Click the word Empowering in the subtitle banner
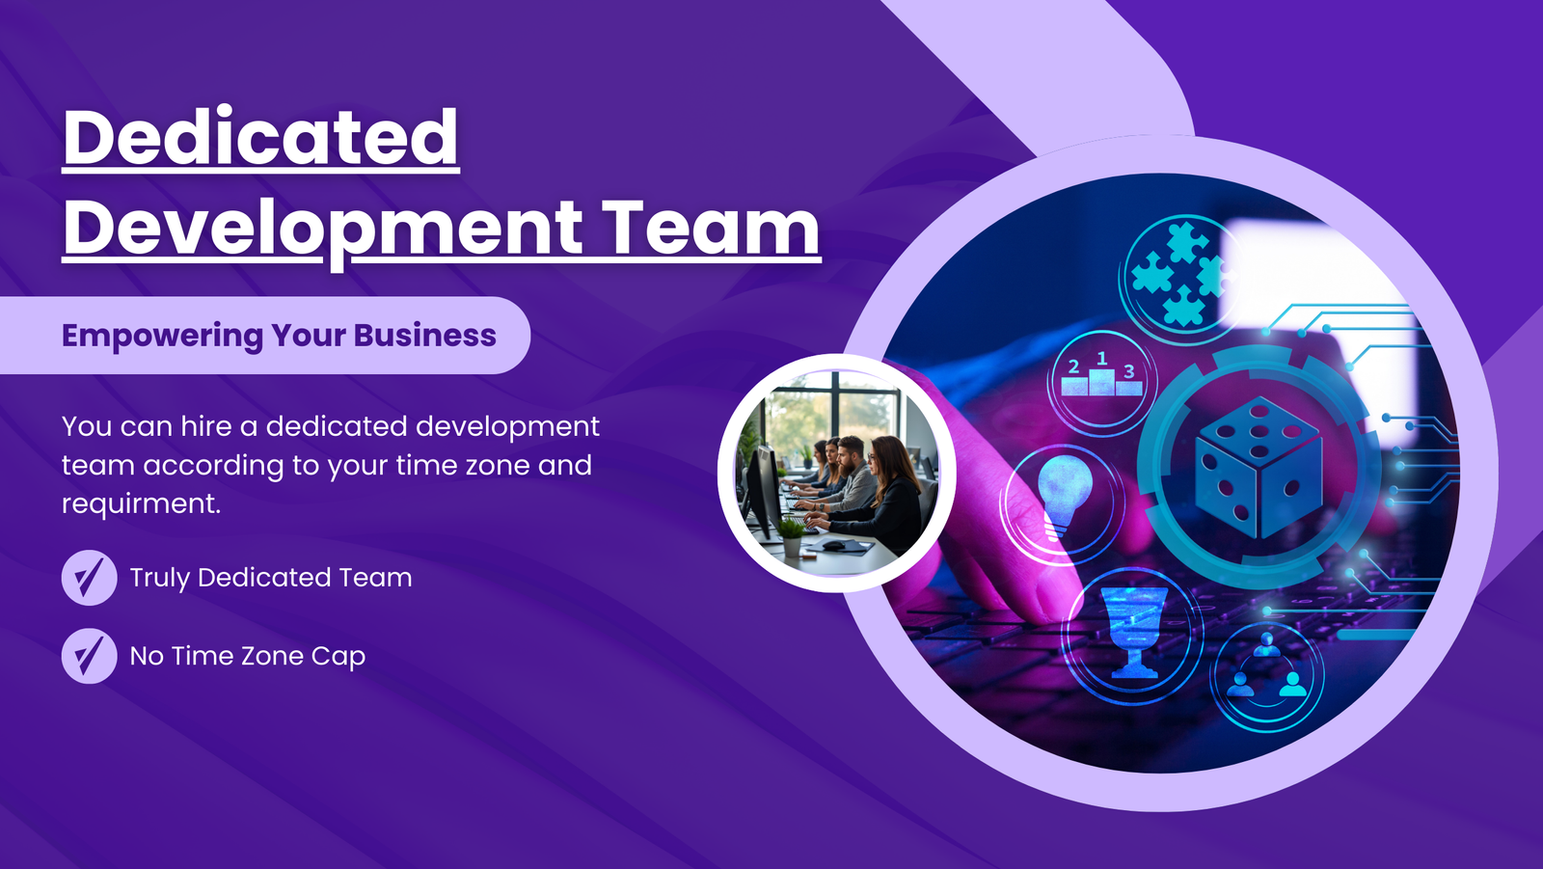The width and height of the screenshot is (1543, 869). tap(163, 337)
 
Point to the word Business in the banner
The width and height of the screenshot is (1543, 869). tap(425, 335)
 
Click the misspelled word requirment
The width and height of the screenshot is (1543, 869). tap(141, 503)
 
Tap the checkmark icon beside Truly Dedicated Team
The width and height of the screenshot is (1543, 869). tap(89, 578)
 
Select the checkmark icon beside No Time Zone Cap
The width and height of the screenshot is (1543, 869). tap(89, 656)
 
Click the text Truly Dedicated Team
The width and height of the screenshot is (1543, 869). tap(271, 578)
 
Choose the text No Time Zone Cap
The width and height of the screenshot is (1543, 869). tap(247, 657)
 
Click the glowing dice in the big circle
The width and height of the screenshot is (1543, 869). tap(1259, 467)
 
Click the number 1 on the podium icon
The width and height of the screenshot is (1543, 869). tap(1102, 359)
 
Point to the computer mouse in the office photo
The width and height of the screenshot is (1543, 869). tap(833, 546)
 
